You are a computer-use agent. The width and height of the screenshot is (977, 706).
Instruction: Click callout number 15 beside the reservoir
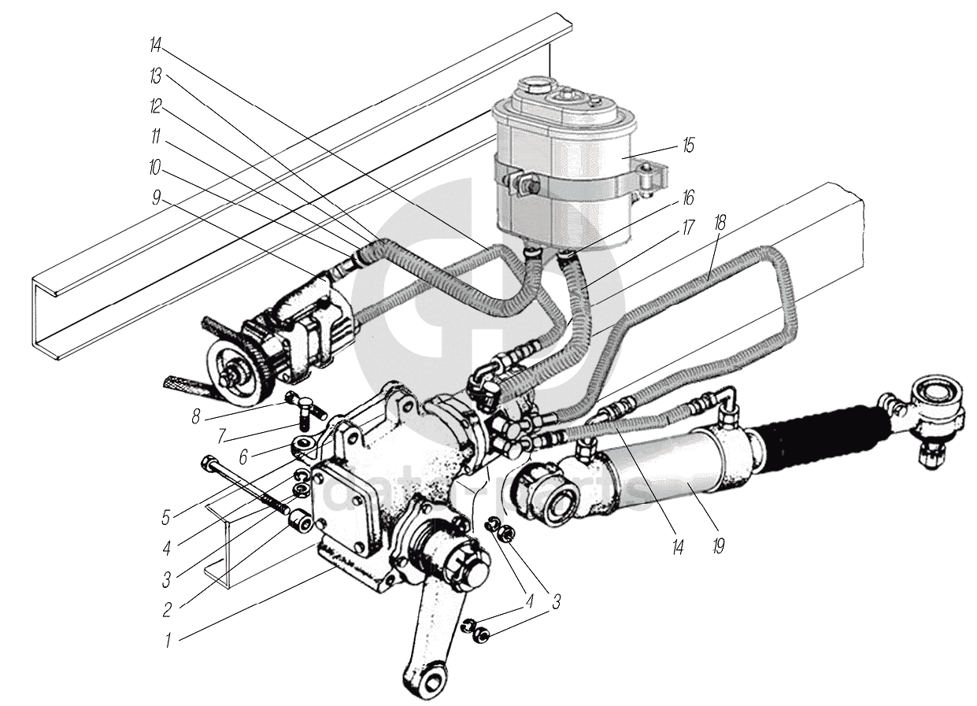click(x=689, y=146)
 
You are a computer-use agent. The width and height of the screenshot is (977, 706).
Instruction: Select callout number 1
click(x=168, y=640)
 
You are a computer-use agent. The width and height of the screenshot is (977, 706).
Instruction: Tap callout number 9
click(x=157, y=198)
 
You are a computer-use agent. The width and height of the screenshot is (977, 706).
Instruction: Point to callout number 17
click(x=689, y=228)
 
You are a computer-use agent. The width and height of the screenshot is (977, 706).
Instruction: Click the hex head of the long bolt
click(x=209, y=462)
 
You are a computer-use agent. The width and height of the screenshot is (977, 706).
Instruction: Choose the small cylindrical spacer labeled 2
click(x=299, y=522)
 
